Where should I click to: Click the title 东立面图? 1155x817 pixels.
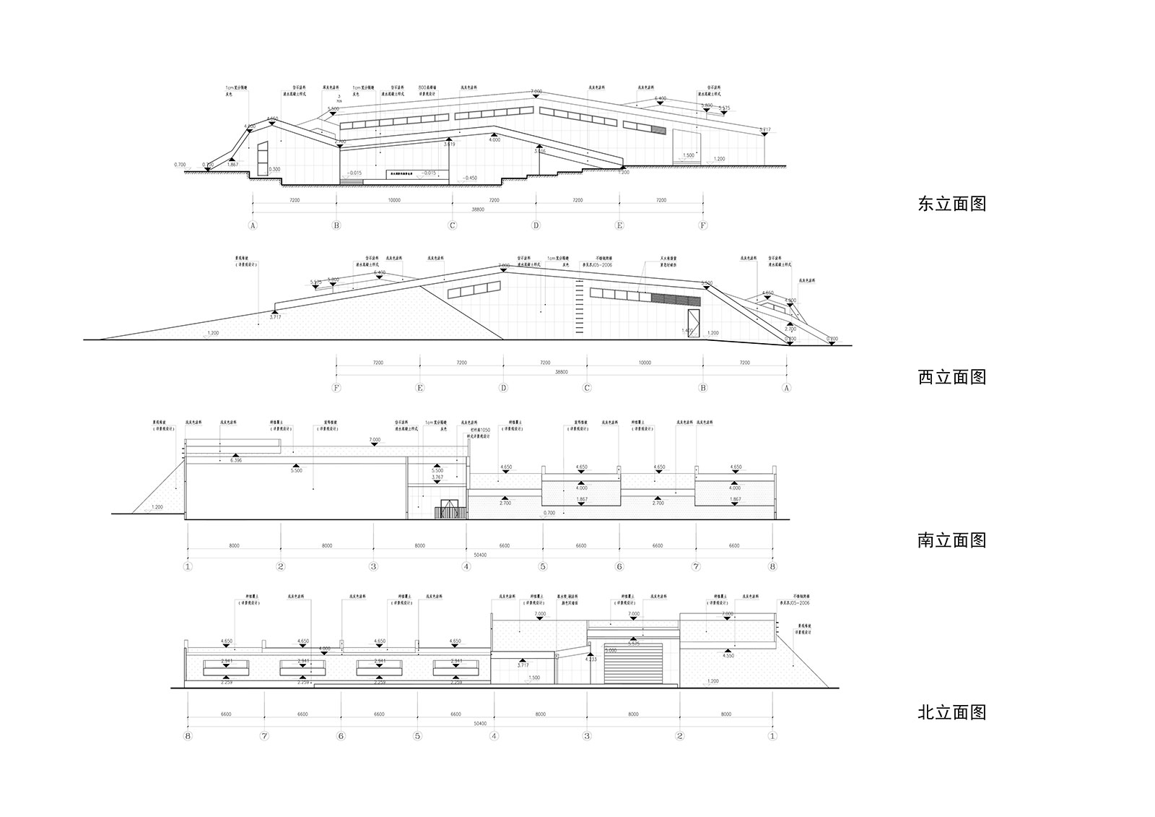tap(951, 204)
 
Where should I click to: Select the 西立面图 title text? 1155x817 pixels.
tap(951, 377)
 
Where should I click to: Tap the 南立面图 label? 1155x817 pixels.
tap(951, 540)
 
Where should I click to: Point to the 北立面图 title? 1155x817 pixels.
tap(951, 713)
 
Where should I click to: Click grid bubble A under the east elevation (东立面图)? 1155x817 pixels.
tap(253, 225)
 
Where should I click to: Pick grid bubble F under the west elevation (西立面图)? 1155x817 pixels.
tap(336, 388)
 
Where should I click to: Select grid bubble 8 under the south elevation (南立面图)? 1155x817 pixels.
tap(772, 567)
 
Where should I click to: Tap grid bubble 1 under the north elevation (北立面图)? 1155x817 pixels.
tap(772, 736)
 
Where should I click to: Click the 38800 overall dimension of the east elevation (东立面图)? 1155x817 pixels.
tap(478, 209)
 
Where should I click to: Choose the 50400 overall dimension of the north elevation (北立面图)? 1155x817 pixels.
tap(480, 723)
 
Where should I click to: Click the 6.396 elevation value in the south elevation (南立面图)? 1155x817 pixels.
tap(236, 460)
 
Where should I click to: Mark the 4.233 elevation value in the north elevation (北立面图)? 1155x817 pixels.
tap(592, 659)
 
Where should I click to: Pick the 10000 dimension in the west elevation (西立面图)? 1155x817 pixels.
tap(645, 363)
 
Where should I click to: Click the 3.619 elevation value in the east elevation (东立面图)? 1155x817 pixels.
tap(449, 144)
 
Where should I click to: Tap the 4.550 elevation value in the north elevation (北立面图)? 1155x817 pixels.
tap(728, 654)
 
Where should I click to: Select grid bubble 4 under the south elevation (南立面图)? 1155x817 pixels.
tap(466, 567)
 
